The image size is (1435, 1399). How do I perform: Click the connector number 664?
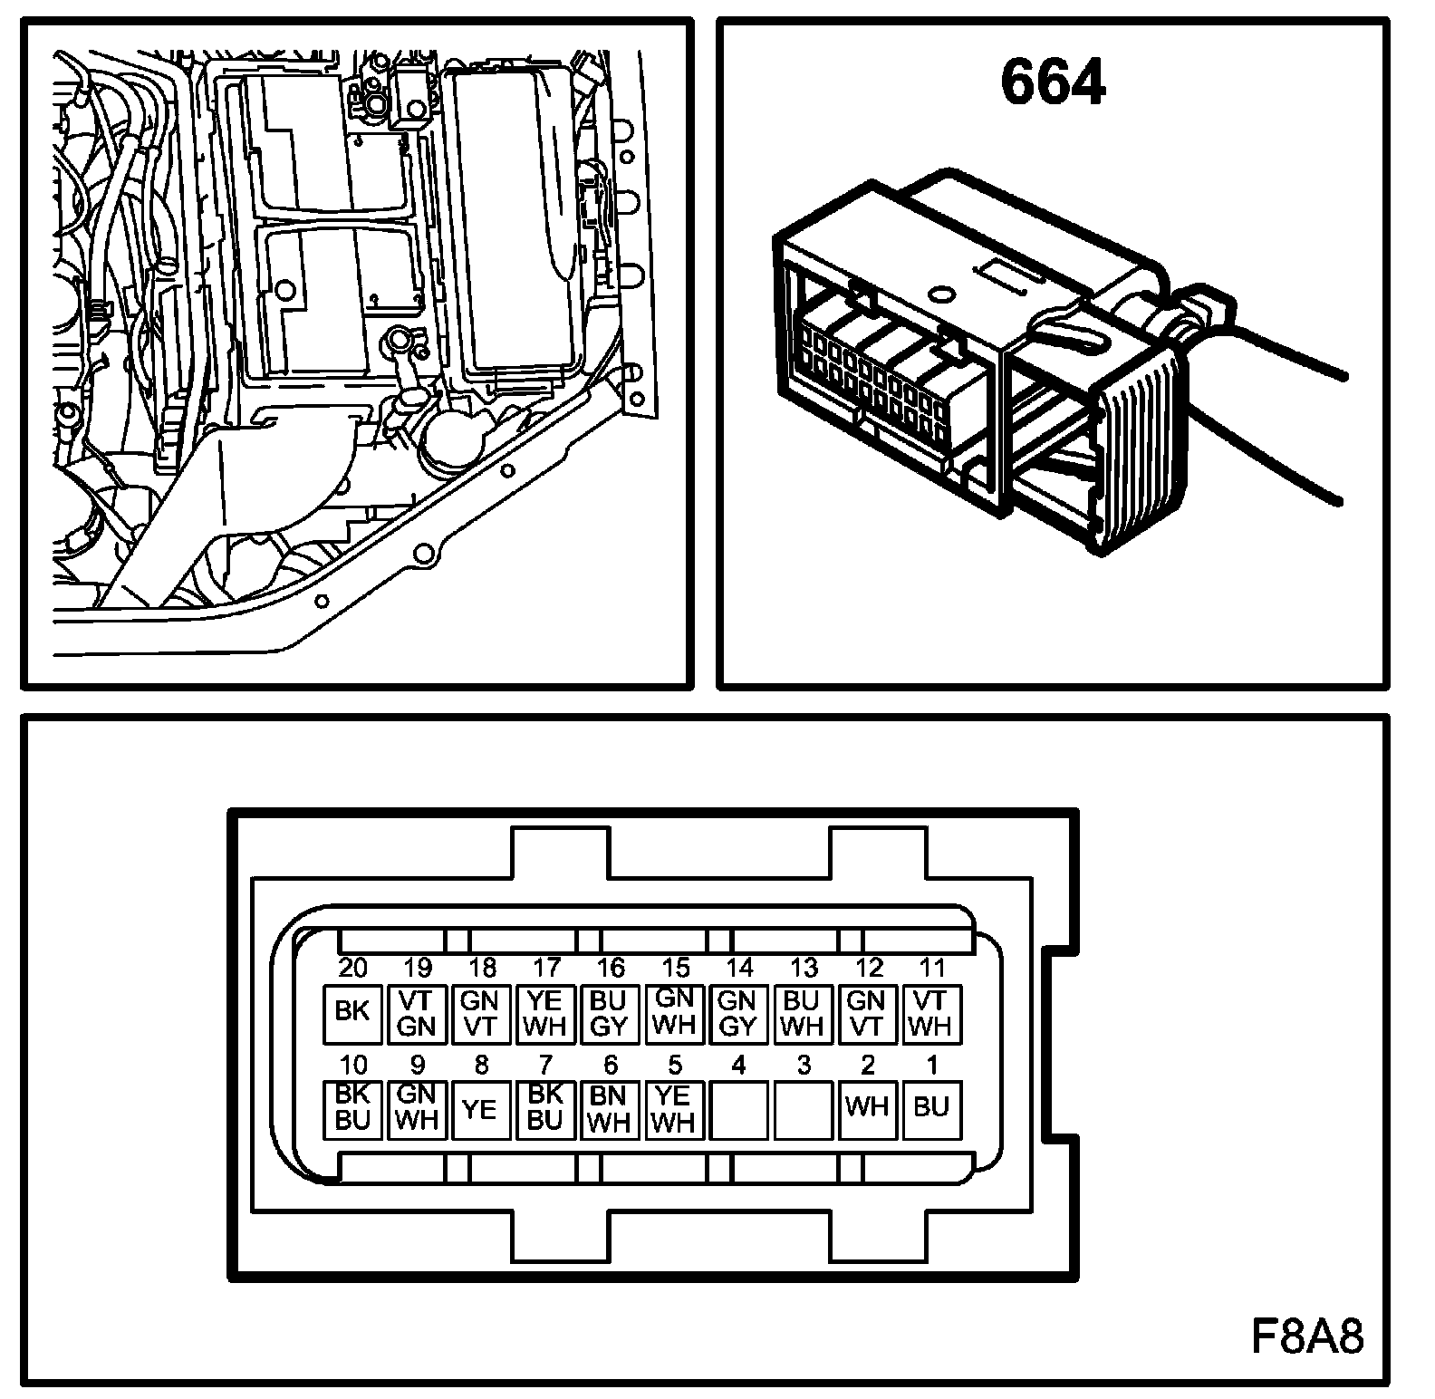(x=1053, y=82)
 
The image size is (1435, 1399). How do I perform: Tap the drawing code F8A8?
(x=1307, y=1336)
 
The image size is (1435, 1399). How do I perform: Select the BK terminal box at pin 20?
(x=352, y=1013)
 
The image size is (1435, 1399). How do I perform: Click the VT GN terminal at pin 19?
(x=417, y=1013)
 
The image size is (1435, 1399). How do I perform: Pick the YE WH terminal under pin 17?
(x=545, y=1013)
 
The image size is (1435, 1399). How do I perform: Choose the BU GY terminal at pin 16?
(x=610, y=1013)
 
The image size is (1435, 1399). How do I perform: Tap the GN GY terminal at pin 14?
(x=738, y=1013)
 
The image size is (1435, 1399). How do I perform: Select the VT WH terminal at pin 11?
(x=931, y=1013)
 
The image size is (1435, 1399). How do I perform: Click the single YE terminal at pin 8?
(x=481, y=1109)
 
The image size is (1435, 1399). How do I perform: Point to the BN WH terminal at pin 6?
(x=610, y=1109)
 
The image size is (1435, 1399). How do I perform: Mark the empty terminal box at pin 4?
(x=738, y=1109)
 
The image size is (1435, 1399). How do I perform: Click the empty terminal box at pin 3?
(x=803, y=1109)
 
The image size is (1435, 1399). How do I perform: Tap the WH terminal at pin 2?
(x=867, y=1109)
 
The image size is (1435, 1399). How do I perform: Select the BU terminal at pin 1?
(x=931, y=1109)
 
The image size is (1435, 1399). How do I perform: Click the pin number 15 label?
(x=675, y=968)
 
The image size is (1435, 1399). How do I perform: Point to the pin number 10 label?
(x=352, y=1065)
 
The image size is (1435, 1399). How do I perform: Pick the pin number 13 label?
(x=804, y=968)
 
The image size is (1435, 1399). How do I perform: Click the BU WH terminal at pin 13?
(x=803, y=1013)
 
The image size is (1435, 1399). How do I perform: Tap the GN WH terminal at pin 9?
(x=417, y=1109)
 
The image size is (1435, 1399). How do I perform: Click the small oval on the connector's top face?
(x=941, y=293)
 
